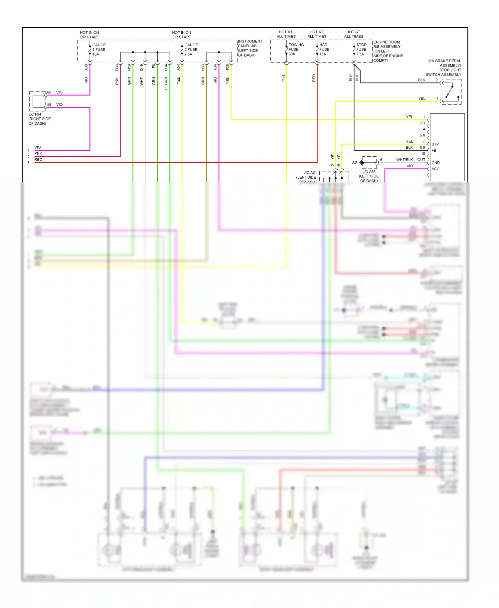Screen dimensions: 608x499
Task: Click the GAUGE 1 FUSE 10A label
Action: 99,50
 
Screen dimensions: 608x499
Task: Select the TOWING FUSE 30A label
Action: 296,49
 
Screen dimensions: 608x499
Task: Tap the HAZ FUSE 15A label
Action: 324,49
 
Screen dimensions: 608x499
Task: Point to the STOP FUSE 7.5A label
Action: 361,49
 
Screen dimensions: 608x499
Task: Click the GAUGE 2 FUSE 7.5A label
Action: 191,50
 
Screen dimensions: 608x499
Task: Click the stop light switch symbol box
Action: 451,92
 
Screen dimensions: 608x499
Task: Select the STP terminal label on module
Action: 435,144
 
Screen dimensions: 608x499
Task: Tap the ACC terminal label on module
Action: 435,169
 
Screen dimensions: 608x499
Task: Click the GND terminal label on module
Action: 435,163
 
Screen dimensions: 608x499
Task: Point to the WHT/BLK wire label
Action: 404,160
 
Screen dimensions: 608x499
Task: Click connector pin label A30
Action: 86,67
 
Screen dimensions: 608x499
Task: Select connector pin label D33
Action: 117,67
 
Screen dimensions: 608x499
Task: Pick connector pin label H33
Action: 203,67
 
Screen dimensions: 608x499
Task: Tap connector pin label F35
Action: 228,67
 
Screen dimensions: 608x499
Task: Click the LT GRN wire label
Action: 166,83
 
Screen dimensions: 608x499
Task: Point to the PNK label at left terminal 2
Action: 38,153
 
